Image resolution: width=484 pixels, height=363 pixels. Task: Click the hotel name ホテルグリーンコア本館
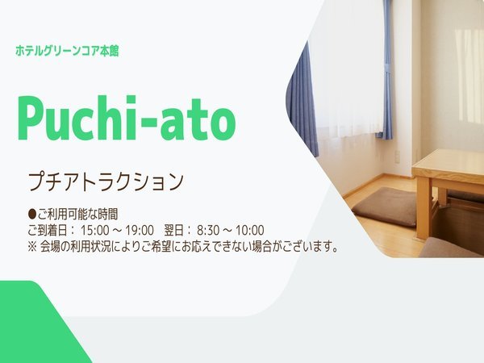67,51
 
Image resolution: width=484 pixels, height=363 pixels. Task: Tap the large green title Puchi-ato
127,118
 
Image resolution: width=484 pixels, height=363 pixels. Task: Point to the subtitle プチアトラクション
106,181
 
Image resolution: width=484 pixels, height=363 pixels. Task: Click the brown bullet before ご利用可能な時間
32,214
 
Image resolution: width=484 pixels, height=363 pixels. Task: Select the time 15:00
95,230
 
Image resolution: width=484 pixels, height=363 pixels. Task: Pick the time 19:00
140,230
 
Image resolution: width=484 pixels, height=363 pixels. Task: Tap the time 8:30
208,230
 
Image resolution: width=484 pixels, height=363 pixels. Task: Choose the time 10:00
250,230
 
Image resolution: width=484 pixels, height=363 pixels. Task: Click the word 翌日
174,230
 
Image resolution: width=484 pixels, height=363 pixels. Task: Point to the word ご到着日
48,230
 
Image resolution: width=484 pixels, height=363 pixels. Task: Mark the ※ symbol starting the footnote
32,248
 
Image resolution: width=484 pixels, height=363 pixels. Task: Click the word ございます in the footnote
308,247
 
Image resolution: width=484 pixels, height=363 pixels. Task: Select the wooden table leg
424,210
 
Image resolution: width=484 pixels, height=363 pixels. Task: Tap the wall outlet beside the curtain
398,156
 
